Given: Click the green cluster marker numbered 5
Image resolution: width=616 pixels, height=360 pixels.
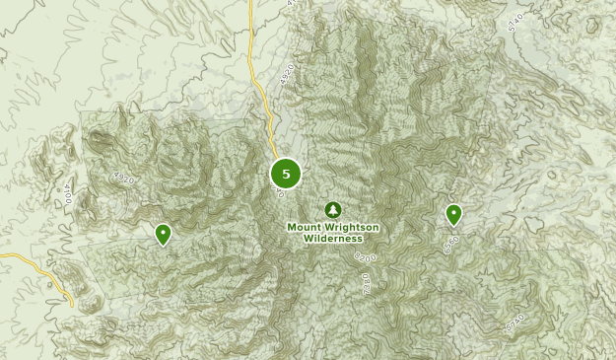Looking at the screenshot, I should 286,174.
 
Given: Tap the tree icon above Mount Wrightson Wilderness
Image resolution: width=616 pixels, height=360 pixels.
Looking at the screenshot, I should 333,210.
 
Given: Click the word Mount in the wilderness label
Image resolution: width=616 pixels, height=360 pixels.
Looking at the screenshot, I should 305,227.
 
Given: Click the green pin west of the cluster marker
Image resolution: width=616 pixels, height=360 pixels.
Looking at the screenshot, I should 164,234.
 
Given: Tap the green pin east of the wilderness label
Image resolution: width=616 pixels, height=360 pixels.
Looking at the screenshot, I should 453,214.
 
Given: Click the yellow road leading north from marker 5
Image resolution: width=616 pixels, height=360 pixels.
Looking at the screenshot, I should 259,89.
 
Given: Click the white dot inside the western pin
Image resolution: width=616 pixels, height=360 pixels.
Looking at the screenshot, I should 164,232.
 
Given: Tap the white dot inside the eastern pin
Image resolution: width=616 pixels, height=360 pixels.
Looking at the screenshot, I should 453,211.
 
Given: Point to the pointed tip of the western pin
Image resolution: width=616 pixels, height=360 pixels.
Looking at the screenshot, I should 164,246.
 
